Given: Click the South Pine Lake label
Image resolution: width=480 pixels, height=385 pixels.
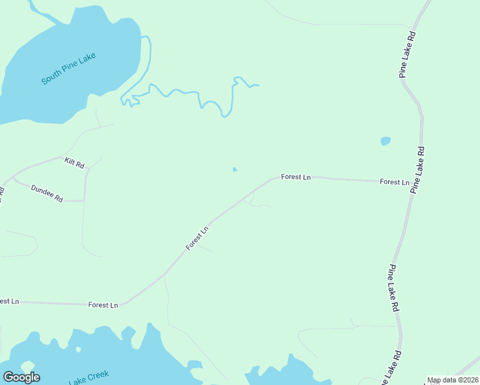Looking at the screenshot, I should pyautogui.click(x=69, y=69).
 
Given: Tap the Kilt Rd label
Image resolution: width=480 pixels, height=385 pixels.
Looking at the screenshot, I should pyautogui.click(x=74, y=163).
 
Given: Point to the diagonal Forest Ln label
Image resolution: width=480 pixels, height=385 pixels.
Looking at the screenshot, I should pyautogui.click(x=198, y=238).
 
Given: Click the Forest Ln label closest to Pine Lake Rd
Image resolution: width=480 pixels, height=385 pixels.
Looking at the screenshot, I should pyautogui.click(x=394, y=182).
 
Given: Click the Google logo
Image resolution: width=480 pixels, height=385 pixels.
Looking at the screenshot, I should pyautogui.click(x=21, y=377).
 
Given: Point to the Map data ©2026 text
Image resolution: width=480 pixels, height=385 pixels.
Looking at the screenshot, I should pyautogui.click(x=452, y=380).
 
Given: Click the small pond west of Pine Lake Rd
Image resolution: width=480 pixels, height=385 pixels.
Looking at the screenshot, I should pyautogui.click(x=386, y=141).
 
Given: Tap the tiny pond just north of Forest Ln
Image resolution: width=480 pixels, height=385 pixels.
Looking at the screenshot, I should pyautogui.click(x=235, y=169).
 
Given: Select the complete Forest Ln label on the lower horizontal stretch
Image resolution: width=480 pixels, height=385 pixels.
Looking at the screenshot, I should pyautogui.click(x=103, y=305).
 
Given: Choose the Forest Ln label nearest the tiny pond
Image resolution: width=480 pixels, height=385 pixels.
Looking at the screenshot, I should pyautogui.click(x=296, y=176).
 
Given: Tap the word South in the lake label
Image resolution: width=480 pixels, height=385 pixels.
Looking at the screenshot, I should pyautogui.click(x=51, y=78).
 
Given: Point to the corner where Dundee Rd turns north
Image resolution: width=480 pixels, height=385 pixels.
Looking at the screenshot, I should pyautogui.click(x=85, y=201).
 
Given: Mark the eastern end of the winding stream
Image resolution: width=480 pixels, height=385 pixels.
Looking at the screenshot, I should pyautogui.click(x=257, y=85).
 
